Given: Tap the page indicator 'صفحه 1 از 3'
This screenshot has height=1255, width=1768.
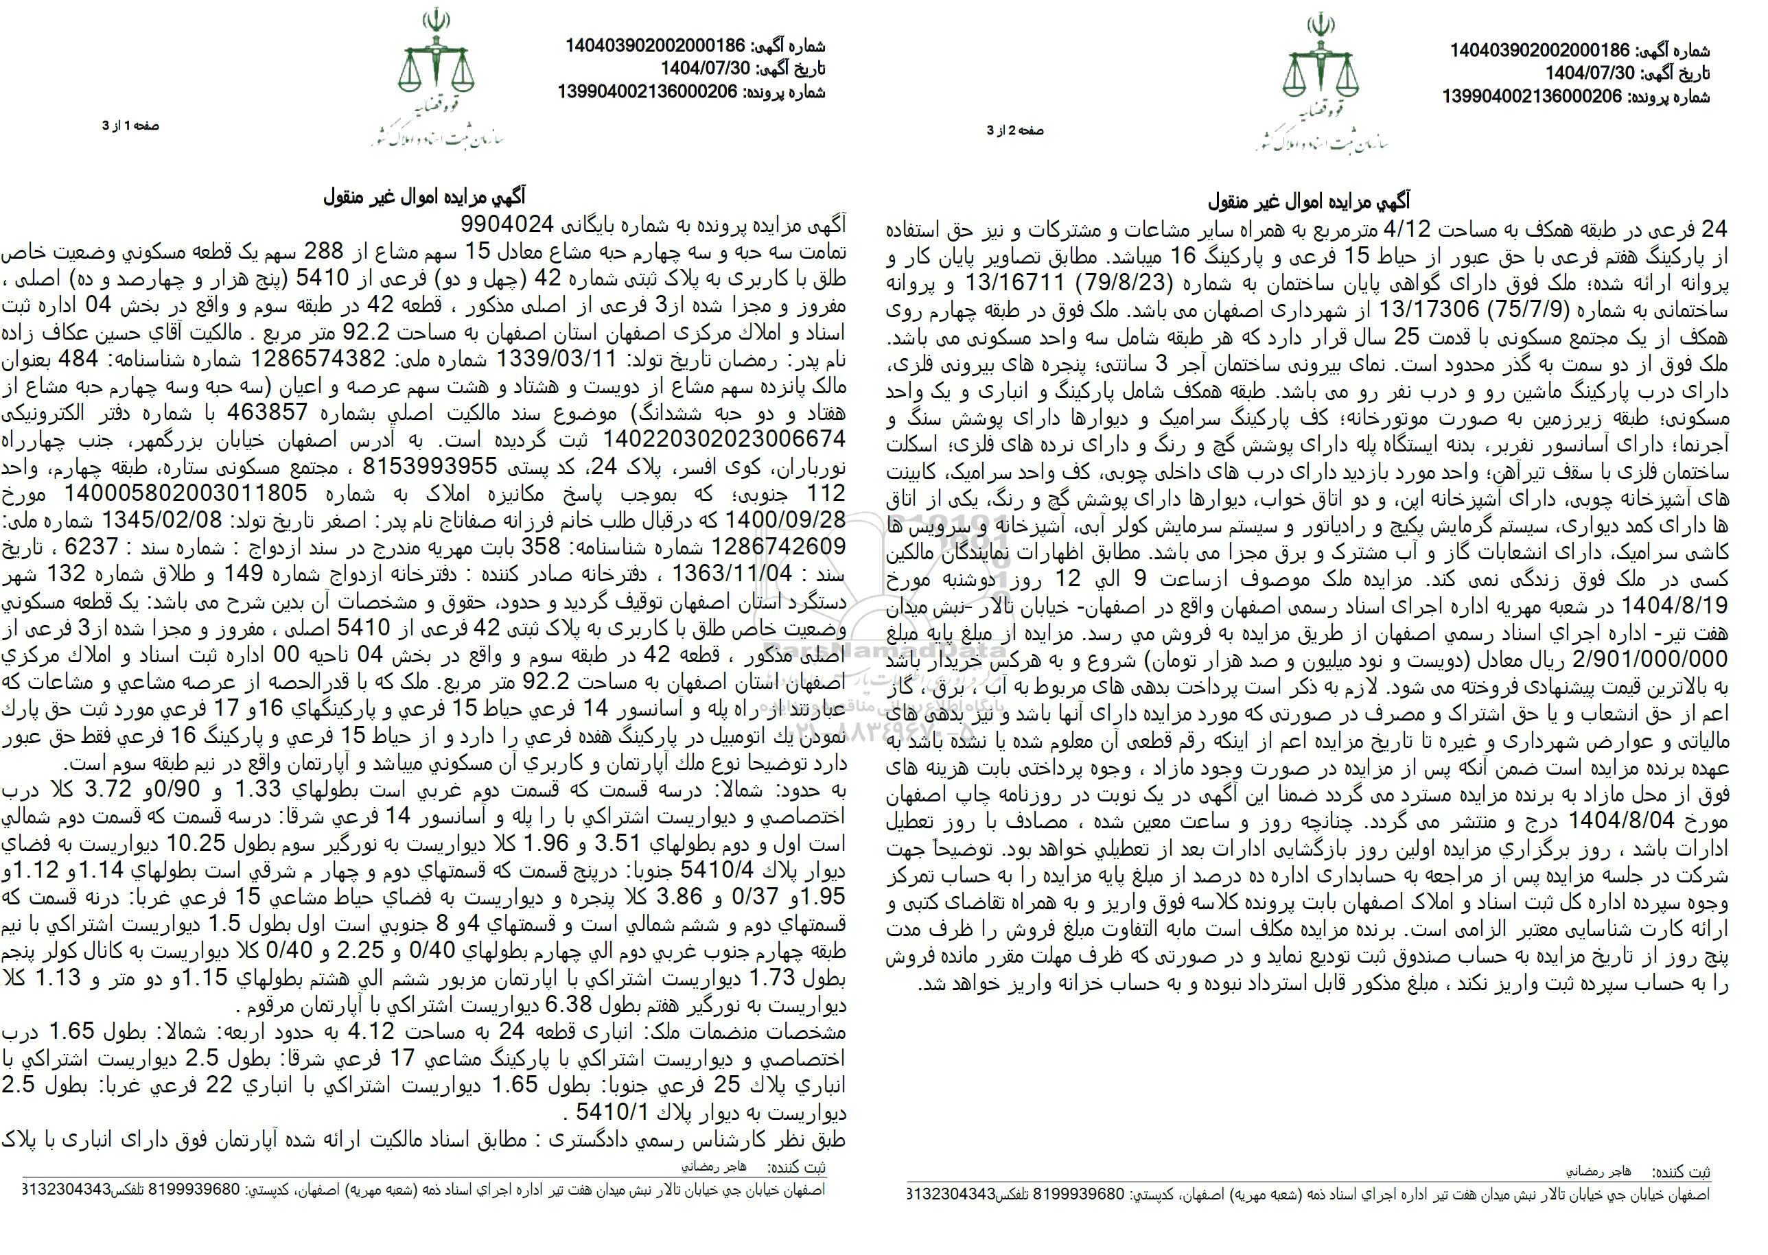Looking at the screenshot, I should coord(130,125).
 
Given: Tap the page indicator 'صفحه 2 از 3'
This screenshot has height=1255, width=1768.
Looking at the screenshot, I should coord(1015,130).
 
